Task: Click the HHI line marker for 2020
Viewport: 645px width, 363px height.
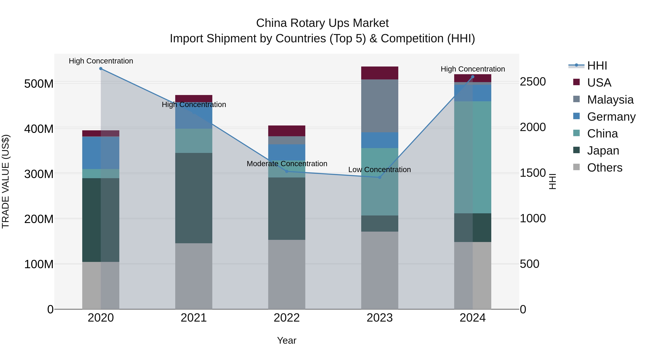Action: [101, 69]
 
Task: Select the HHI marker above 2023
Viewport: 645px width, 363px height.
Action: [380, 177]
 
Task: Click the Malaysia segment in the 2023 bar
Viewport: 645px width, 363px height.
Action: [380, 106]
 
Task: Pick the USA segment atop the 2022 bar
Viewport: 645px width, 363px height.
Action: [287, 131]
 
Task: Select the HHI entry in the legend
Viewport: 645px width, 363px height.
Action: [597, 66]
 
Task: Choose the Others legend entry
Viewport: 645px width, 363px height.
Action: [605, 168]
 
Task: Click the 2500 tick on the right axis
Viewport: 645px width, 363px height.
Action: [533, 82]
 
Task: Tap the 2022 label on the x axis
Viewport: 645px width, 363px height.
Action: [287, 318]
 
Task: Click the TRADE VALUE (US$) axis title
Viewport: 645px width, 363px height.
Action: [6, 181]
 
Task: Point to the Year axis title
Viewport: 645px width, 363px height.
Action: [287, 340]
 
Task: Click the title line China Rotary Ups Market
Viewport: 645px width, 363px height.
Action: [322, 23]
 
